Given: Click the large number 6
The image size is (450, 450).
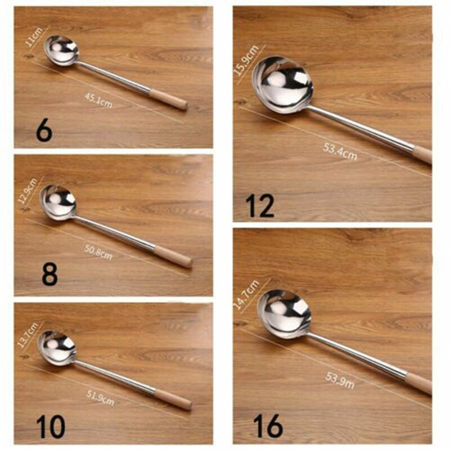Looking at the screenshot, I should [44, 130].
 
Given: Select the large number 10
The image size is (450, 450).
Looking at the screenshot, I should [51, 426].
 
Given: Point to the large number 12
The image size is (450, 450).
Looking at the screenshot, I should [260, 206].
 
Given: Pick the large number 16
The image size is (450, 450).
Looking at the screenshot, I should [268, 426].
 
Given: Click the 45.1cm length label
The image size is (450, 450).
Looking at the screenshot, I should [98, 101].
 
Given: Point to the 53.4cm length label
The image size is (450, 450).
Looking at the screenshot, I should [340, 151].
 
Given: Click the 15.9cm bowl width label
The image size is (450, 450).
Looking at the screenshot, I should [246, 59].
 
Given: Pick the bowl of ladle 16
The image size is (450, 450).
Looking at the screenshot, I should [284, 314].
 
